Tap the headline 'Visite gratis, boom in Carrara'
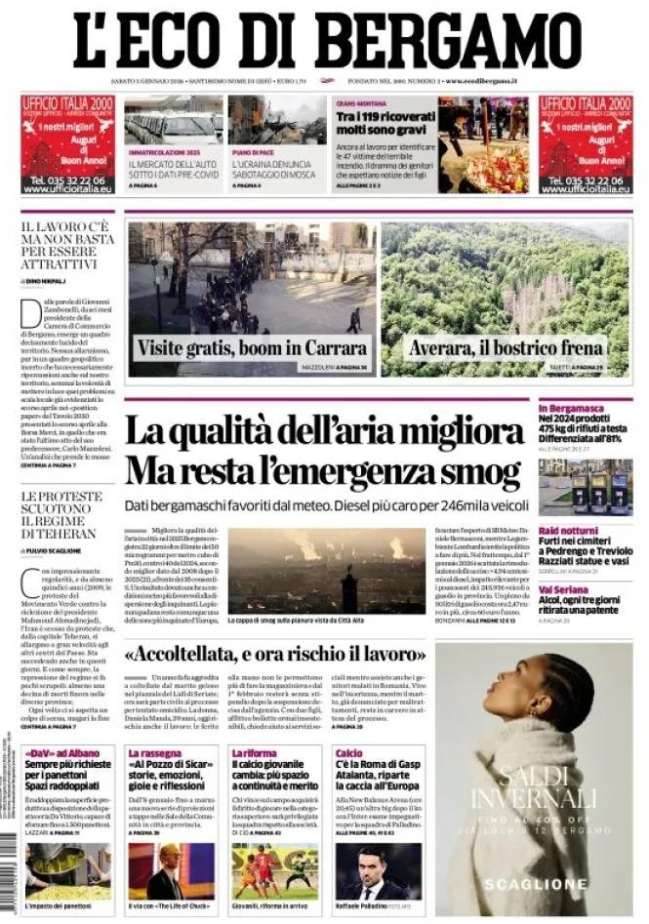[x=254, y=348]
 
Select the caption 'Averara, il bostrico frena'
[x=505, y=348]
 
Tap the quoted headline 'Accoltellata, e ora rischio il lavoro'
[x=275, y=652]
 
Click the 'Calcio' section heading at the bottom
[x=348, y=753]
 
